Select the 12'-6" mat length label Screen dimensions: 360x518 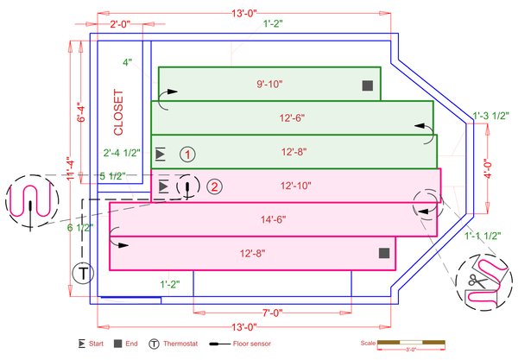pos(293,117)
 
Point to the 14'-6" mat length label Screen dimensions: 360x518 pos(270,219)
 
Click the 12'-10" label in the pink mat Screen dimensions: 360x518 pos(296,186)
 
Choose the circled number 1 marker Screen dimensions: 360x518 pos(188,155)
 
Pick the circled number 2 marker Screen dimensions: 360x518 pos(215,186)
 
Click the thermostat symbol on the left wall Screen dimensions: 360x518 pos(83,275)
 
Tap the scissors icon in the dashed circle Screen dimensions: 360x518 pos(476,280)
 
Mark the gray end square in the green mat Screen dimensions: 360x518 pos(367,85)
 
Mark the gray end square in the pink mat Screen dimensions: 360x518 pos(384,253)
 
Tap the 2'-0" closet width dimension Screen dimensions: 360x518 pos(121,24)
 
